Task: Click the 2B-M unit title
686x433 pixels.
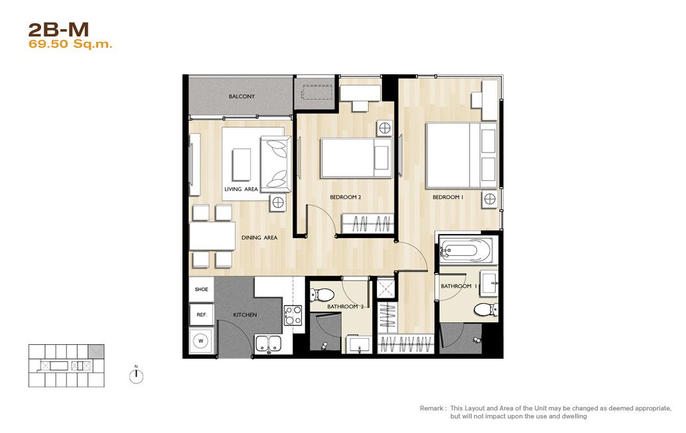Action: (x=58, y=30)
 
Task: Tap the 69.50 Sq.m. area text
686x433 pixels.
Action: (x=70, y=44)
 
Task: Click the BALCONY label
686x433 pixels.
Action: (x=241, y=96)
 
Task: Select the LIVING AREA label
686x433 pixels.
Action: (x=241, y=190)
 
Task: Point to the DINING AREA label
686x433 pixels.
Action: (x=259, y=237)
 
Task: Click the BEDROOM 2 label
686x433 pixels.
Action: (x=345, y=197)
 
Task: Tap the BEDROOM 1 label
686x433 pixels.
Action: (x=448, y=197)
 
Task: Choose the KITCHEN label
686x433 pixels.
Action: (x=245, y=314)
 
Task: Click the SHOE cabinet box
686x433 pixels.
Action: (x=201, y=289)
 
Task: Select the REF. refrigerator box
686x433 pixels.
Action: (x=201, y=314)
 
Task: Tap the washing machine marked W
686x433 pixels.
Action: (x=201, y=341)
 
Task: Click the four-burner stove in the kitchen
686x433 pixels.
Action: (x=293, y=316)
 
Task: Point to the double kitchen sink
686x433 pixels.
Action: (x=268, y=343)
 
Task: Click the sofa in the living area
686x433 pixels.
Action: (x=275, y=164)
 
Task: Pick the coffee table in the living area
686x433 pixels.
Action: (x=241, y=164)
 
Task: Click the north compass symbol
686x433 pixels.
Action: (x=136, y=376)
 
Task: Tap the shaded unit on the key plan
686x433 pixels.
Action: (x=96, y=351)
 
